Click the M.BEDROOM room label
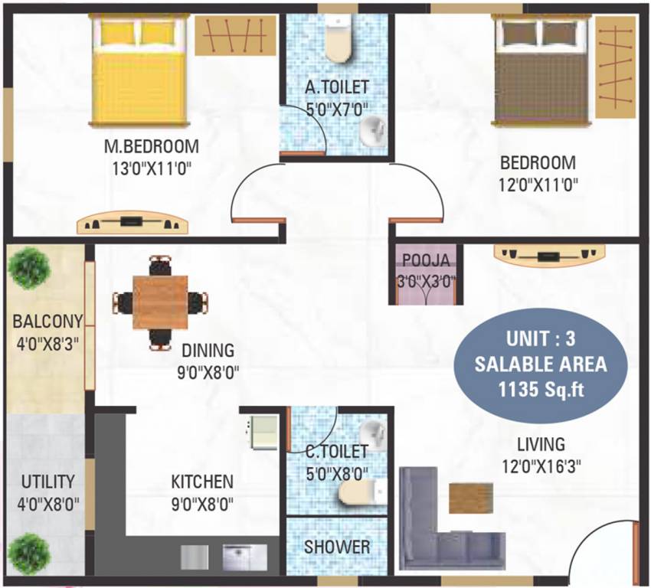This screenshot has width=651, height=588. (152, 145)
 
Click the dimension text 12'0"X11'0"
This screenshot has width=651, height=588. (538, 184)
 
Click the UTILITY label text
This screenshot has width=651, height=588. (47, 482)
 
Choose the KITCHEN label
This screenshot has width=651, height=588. (201, 482)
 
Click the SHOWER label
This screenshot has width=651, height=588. (337, 547)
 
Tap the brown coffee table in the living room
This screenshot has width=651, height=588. (470, 498)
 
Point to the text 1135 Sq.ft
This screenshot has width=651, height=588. (540, 388)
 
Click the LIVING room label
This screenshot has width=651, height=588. (540, 444)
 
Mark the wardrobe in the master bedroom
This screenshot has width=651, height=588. (234, 36)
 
